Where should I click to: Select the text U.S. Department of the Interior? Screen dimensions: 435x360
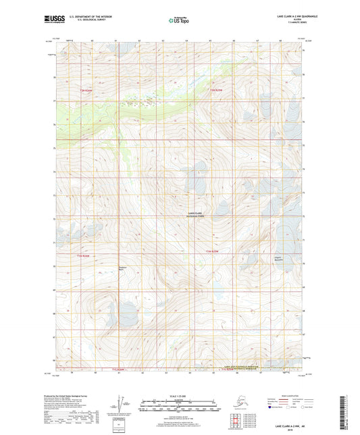[x=94, y=16]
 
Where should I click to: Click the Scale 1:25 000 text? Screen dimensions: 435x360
[x=179, y=394]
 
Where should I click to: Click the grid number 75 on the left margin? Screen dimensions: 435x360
[x=54, y=147]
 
